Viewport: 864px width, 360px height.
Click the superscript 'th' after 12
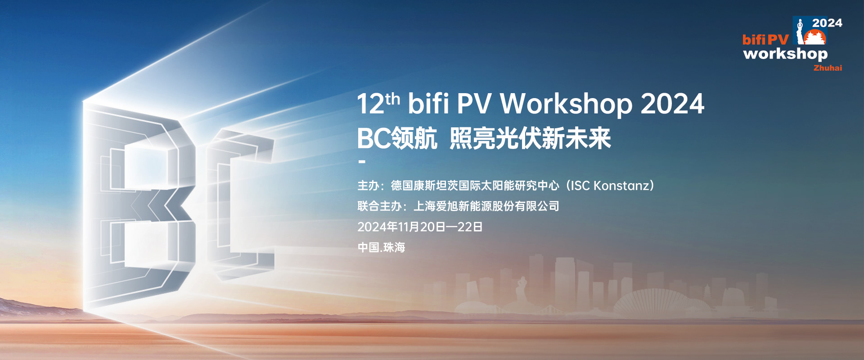(x=392, y=99)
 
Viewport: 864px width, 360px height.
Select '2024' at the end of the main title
(x=672, y=104)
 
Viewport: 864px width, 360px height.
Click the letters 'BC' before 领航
(x=373, y=138)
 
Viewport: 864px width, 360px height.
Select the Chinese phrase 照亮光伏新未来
(x=530, y=138)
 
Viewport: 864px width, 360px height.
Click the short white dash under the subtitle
(x=362, y=162)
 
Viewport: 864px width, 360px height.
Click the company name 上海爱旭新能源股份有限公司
(x=486, y=206)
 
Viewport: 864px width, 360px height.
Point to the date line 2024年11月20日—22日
(x=419, y=227)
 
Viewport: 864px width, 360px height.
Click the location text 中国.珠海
(x=381, y=247)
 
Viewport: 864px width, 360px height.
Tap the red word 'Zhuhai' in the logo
(x=827, y=68)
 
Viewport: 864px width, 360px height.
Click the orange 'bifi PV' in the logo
(x=765, y=40)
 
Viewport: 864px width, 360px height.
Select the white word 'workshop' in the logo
(x=785, y=54)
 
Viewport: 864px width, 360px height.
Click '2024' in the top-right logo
(x=827, y=23)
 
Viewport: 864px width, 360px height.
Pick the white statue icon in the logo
(x=800, y=31)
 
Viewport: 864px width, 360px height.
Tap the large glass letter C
(x=238, y=202)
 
